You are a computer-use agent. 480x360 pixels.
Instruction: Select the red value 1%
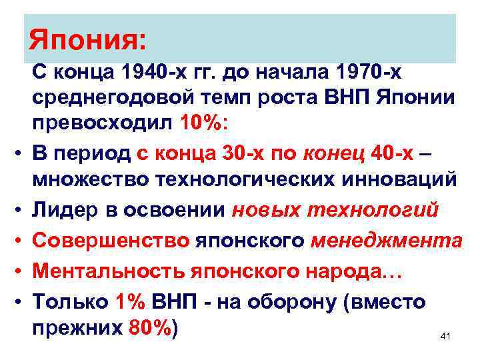click(129, 301)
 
